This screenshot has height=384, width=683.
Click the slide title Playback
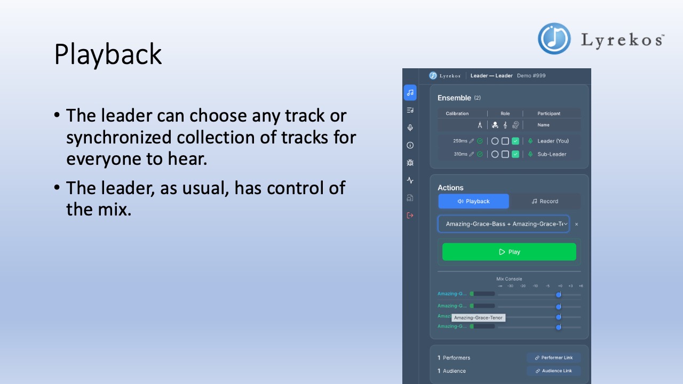[x=108, y=54]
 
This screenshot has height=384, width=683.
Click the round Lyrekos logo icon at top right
[x=554, y=38]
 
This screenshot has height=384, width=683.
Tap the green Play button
[x=509, y=252]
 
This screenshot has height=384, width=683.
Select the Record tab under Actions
[x=545, y=201]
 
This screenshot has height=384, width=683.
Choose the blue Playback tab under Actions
[x=473, y=201]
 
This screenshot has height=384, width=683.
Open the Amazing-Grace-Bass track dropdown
[x=504, y=224]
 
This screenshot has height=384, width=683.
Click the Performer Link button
[x=553, y=357]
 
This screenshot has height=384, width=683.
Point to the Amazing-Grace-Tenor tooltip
[x=478, y=318]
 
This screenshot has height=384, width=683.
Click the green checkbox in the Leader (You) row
[x=515, y=141]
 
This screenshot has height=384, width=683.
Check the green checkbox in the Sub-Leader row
[x=515, y=154]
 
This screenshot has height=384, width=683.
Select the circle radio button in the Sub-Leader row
[x=495, y=154]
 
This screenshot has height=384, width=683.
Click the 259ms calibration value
[x=460, y=141]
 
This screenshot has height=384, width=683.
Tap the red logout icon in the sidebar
[x=410, y=215]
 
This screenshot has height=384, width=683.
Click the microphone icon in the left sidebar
[x=410, y=127]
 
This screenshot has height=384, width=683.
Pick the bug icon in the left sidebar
[x=410, y=163]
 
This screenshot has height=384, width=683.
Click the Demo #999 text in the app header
[x=531, y=76]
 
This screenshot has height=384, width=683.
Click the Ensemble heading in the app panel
[x=454, y=98]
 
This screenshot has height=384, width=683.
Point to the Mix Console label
[x=509, y=279]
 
